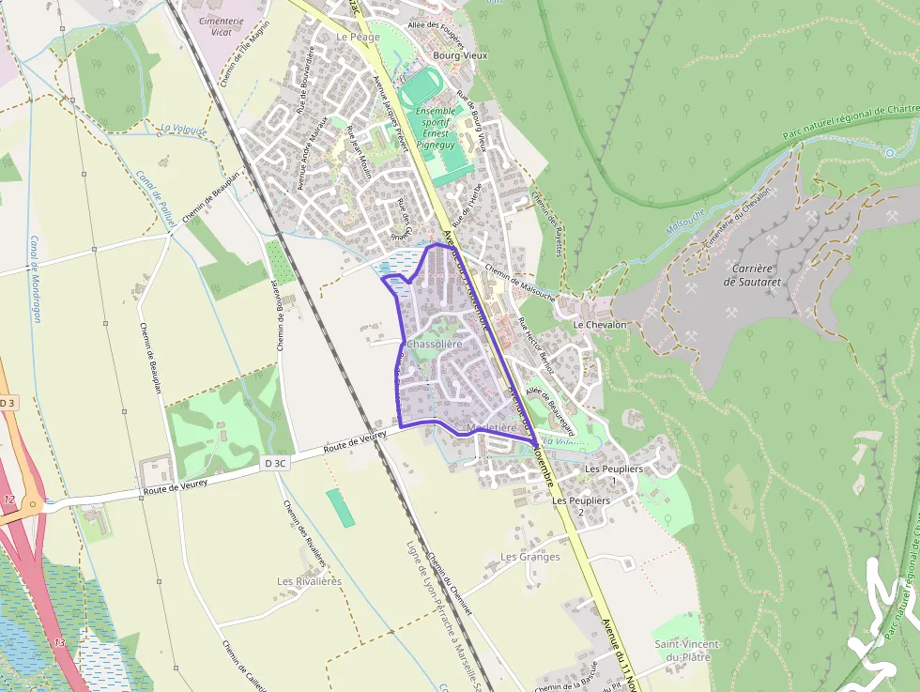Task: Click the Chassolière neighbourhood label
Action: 435,345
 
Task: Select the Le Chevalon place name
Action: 599,324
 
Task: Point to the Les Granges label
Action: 529,557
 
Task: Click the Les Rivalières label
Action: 309,581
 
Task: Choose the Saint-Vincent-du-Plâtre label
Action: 687,650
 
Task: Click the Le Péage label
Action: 358,37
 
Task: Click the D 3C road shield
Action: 275,463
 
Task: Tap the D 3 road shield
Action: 8,402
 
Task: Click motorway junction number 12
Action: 9,499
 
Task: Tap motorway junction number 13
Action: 60,642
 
